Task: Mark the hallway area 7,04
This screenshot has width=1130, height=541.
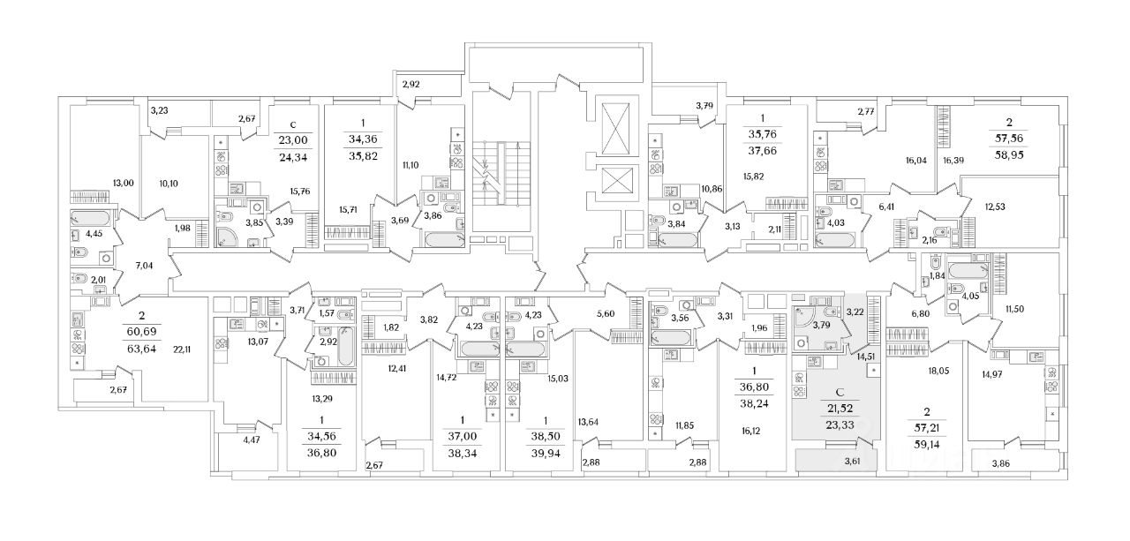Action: [143, 264]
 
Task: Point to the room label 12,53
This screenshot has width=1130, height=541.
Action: [994, 207]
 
